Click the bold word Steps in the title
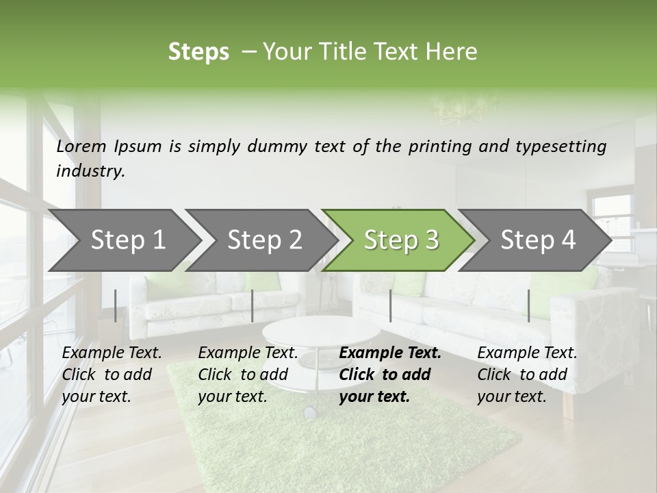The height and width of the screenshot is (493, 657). tap(198, 52)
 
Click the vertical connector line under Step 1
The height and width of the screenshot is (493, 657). tap(115, 305)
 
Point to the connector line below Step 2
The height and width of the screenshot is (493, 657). tap(253, 305)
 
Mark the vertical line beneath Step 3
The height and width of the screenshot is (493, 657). tap(390, 305)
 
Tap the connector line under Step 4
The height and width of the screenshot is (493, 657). tap(528, 305)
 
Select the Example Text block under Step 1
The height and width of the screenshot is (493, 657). tap(112, 375)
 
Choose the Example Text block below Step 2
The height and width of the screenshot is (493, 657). tap(248, 375)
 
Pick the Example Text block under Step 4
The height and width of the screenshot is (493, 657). tap(527, 375)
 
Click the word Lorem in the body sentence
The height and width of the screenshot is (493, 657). tap(81, 146)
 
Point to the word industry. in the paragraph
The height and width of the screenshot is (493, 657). tap(90, 170)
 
